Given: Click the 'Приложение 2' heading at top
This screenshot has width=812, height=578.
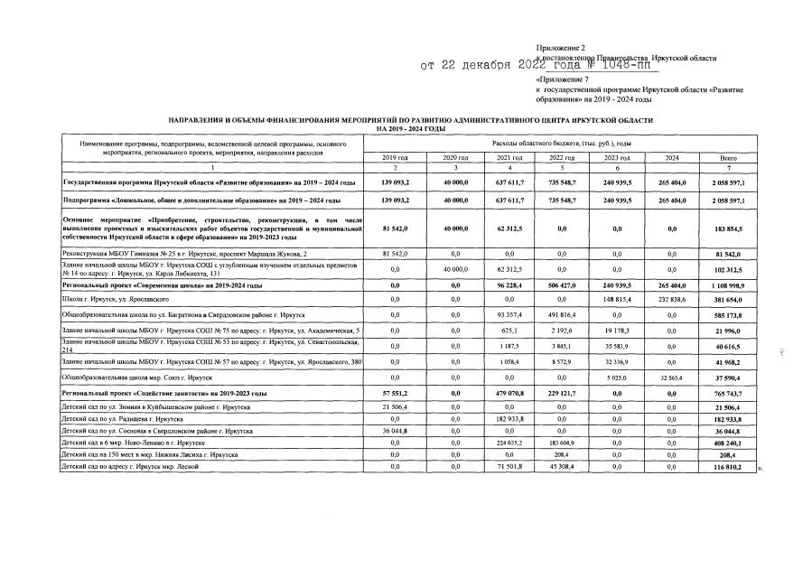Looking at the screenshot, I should (x=560, y=47).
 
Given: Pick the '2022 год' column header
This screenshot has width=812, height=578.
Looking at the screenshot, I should (x=562, y=158).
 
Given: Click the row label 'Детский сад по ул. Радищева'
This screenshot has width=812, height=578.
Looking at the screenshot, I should (x=121, y=420).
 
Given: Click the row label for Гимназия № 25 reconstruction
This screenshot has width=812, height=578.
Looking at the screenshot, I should (x=185, y=255).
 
